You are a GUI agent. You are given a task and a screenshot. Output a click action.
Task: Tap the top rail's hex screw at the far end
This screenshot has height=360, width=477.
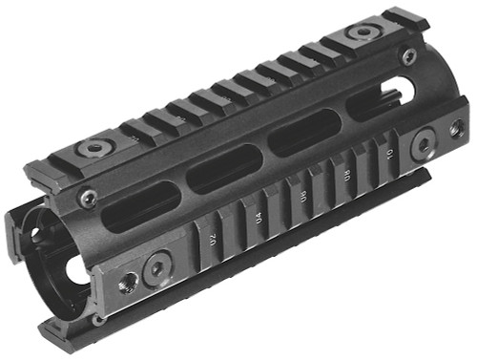click(x=362, y=32)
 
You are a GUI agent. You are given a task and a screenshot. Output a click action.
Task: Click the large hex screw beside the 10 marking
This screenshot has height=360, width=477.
click(x=422, y=146)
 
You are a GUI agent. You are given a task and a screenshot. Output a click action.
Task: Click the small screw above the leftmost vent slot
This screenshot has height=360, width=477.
click(x=89, y=198)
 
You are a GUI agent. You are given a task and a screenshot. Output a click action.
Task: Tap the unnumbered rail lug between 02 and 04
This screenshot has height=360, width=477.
click(x=238, y=228)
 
